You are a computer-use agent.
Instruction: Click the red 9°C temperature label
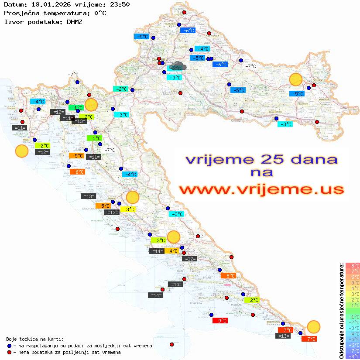[222, 321]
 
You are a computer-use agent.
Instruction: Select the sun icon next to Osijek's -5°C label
[296, 80]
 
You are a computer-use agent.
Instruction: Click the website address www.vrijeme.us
[261, 189]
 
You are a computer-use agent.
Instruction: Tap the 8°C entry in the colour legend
[353, 266]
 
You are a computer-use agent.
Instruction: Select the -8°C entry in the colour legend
[353, 357]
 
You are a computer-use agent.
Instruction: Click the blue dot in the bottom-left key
[10, 346]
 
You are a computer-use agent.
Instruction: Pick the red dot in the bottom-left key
[10, 352]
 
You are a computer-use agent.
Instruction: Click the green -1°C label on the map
[77, 108]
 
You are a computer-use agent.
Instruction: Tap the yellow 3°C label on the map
[130, 209]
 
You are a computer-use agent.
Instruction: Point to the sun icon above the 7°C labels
[313, 326]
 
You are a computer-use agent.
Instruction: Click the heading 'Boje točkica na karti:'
[35, 339]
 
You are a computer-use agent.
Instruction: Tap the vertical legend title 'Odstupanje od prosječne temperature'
[341, 311]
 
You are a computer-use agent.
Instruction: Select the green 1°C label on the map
[95, 138]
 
